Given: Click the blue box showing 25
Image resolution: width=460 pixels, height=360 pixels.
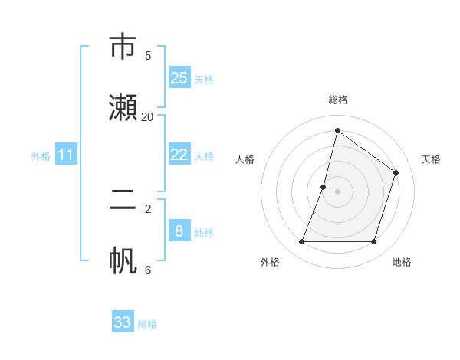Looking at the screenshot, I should click(179, 78).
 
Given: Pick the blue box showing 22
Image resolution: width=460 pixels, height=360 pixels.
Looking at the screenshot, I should click(179, 155).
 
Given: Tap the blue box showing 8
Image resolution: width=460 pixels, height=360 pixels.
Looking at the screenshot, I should click(179, 231).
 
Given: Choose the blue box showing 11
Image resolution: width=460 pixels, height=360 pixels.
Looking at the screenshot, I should click(66, 155).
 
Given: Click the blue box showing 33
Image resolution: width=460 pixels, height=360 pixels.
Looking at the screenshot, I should click(123, 322).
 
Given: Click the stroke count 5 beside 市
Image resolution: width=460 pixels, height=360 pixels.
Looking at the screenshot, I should click(147, 55).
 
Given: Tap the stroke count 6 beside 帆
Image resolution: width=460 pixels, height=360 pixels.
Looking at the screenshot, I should click(147, 270).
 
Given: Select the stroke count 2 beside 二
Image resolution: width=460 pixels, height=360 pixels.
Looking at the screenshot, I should click(147, 208).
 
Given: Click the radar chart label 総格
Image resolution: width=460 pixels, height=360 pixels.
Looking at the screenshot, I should click(337, 100).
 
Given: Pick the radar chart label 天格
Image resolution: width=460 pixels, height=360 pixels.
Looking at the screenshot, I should click(431, 159).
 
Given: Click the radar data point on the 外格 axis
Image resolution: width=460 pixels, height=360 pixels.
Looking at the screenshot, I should click(301, 242).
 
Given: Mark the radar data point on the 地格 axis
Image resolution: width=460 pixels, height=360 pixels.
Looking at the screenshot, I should click(373, 242).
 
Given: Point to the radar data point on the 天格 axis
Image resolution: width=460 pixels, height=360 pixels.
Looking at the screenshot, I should click(396, 172).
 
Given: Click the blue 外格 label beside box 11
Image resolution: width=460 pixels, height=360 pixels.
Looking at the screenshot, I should click(41, 156).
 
